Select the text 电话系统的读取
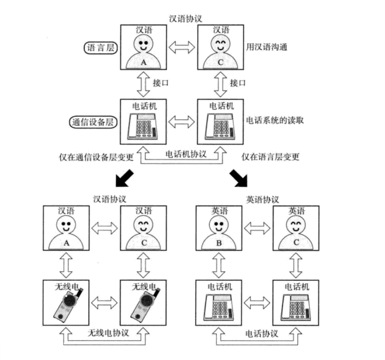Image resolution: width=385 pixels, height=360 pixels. point(274,121)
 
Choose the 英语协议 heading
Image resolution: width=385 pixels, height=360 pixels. point(263,199)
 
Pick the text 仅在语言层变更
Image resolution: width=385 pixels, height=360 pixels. point(270,157)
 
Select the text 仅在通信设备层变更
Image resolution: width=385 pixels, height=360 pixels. point(96,157)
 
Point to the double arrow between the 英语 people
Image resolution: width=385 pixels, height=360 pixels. point(257,228)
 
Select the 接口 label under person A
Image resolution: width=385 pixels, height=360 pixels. point(161,83)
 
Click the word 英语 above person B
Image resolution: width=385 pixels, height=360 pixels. point(219,211)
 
